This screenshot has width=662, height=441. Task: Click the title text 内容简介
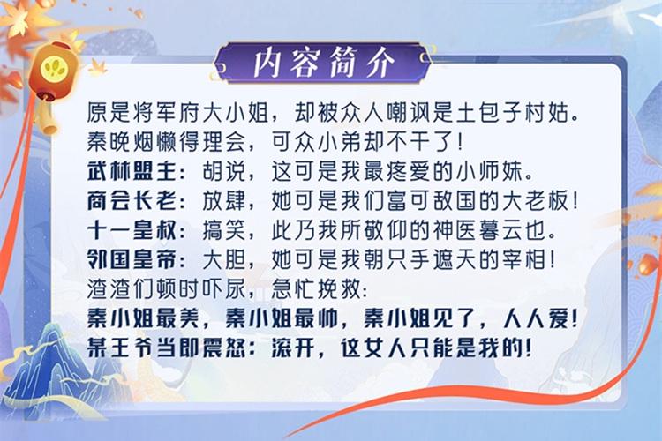pos(324,64)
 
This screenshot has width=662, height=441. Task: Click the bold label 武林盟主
pos(132,172)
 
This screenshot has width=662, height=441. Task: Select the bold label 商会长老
pos(132,201)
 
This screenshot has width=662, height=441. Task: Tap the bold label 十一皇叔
pos(132,230)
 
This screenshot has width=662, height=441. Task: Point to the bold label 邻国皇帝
pos(132,259)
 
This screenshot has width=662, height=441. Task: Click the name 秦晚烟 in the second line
pos(121,142)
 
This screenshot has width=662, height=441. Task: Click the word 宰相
pos(523,259)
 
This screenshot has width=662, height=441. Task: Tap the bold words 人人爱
pos(536,318)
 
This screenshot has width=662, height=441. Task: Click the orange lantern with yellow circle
pos(54,71)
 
